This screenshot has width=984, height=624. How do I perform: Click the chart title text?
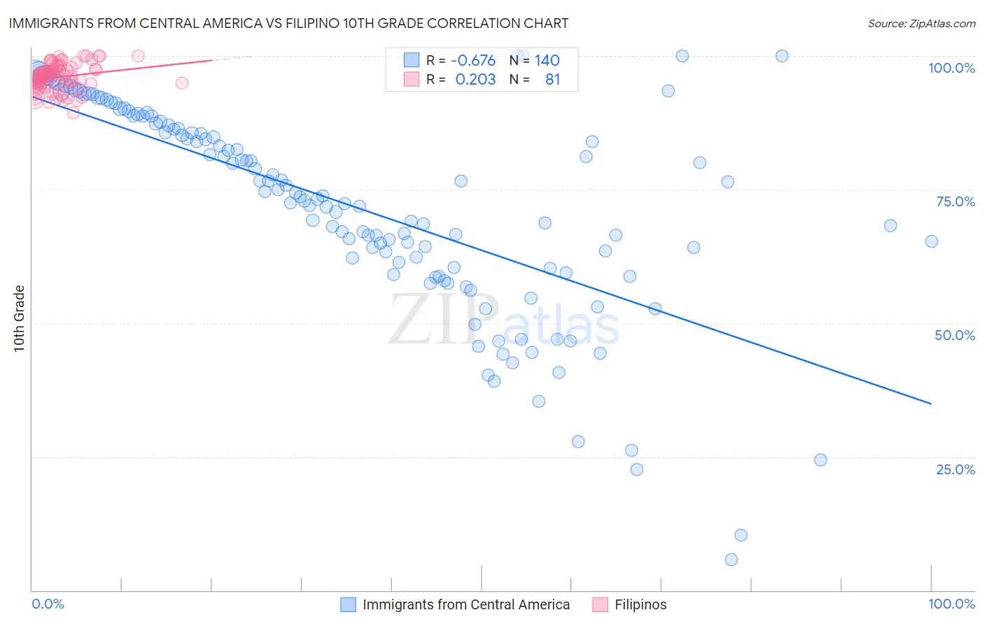click(288, 23)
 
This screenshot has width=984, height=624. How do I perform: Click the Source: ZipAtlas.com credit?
click(921, 23)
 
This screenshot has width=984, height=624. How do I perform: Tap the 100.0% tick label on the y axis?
click(951, 68)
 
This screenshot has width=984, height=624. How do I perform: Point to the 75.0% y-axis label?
click(955, 201)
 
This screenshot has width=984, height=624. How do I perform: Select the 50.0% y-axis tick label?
click(955, 335)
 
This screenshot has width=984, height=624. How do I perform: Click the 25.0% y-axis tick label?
click(955, 469)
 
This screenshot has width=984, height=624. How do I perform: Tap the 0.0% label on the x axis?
click(48, 604)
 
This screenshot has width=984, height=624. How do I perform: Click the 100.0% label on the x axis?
click(951, 604)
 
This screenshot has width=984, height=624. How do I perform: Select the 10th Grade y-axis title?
click(20, 318)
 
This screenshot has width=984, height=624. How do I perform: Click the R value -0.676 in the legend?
click(472, 60)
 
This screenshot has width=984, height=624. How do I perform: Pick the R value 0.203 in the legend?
click(475, 79)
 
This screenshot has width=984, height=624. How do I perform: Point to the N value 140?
click(547, 60)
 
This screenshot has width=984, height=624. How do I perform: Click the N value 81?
click(552, 79)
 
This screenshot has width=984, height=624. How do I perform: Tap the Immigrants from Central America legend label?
click(466, 604)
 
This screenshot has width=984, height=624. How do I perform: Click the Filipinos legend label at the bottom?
click(640, 604)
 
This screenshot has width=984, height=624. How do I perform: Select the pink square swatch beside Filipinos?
click(600, 604)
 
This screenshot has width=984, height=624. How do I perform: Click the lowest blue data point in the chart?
click(731, 560)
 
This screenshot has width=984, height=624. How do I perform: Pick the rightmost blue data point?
click(932, 241)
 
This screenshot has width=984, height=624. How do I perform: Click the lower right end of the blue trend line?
click(931, 404)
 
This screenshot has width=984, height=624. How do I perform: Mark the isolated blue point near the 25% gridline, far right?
click(821, 460)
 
